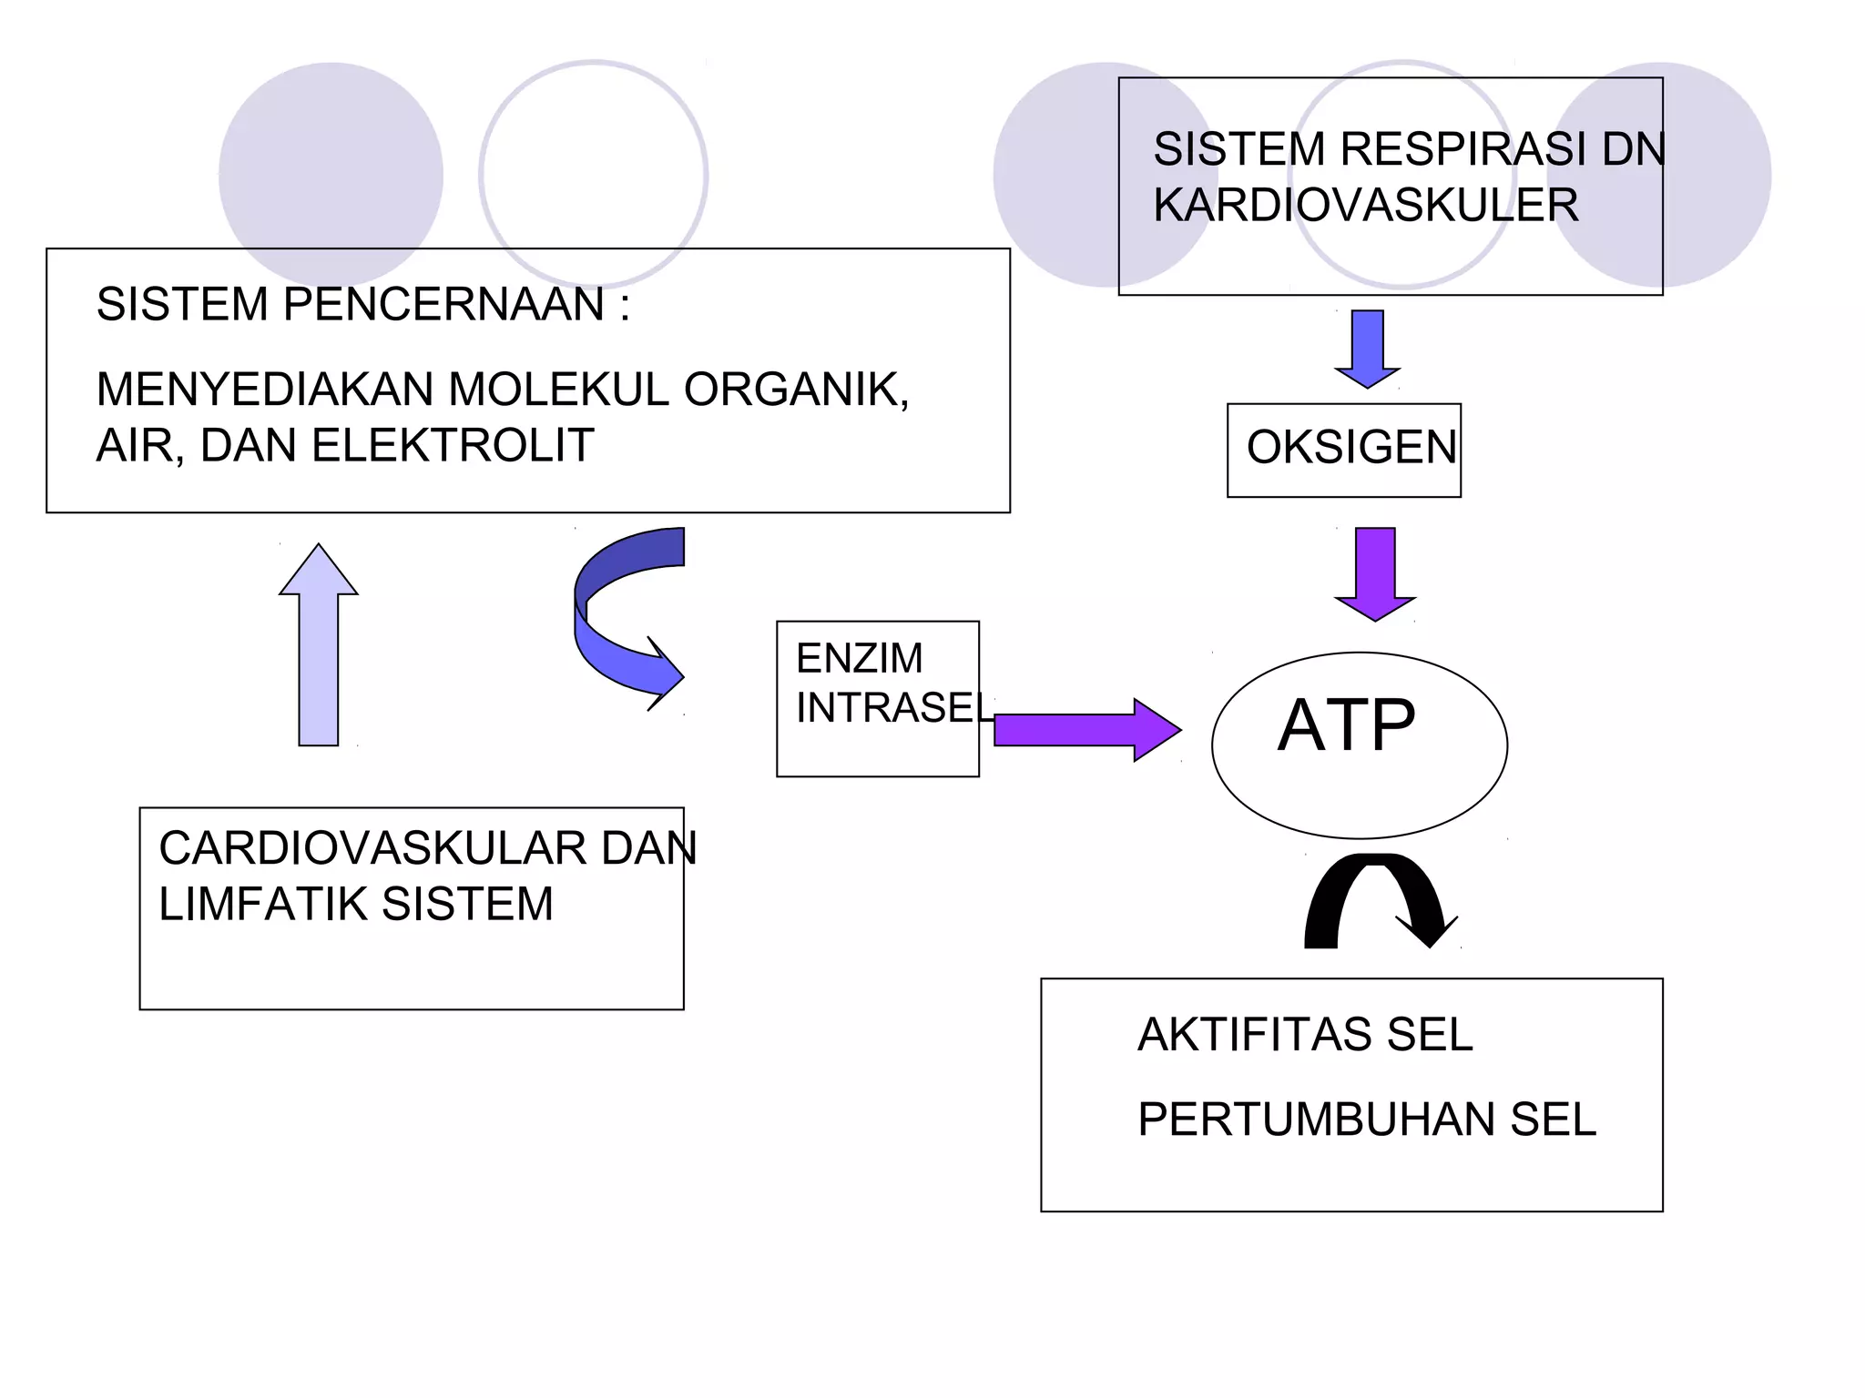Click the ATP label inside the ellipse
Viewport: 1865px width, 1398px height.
click(x=1346, y=725)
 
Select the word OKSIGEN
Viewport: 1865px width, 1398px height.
click(x=1351, y=448)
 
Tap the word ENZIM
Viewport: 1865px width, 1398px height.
click(x=859, y=658)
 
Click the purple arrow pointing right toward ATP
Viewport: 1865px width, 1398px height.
click(x=1084, y=730)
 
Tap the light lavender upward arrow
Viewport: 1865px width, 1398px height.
click(x=319, y=646)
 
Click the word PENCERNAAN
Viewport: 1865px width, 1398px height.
click(x=443, y=304)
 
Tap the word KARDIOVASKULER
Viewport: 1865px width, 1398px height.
click(x=1365, y=205)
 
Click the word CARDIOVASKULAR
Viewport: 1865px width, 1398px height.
click(x=372, y=848)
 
